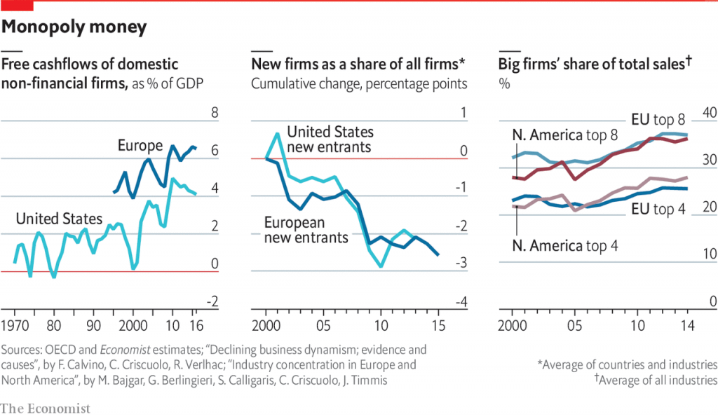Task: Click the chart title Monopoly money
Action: point(75,27)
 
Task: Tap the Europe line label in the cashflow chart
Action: point(140,146)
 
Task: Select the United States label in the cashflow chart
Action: point(59,219)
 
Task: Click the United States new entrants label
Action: point(330,139)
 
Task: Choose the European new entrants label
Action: point(306,231)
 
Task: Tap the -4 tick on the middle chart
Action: point(459,302)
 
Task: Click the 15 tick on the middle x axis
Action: point(439,326)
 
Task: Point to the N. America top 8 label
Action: point(565,135)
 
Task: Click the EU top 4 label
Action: point(658,208)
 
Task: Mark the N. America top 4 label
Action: point(565,246)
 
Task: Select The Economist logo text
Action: point(46,408)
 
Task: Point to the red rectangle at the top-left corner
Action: point(17,6)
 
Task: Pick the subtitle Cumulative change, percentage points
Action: point(359,84)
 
